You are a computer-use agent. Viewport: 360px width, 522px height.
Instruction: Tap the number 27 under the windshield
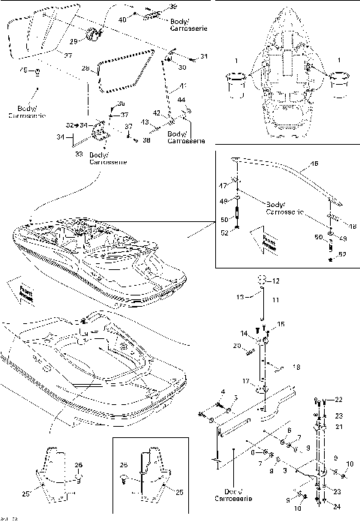click(x=68, y=55)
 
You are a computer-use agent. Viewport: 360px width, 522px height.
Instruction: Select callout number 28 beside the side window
click(x=85, y=68)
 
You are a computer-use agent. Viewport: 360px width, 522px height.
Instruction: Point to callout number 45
click(x=23, y=70)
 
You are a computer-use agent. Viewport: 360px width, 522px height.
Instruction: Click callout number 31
click(x=204, y=56)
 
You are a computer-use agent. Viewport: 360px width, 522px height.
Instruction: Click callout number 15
click(x=281, y=323)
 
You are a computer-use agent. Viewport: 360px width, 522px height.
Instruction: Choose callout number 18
click(x=296, y=367)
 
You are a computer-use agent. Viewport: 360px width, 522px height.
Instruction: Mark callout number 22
click(x=337, y=400)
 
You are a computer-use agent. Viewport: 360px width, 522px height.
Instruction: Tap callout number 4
click(x=223, y=391)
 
